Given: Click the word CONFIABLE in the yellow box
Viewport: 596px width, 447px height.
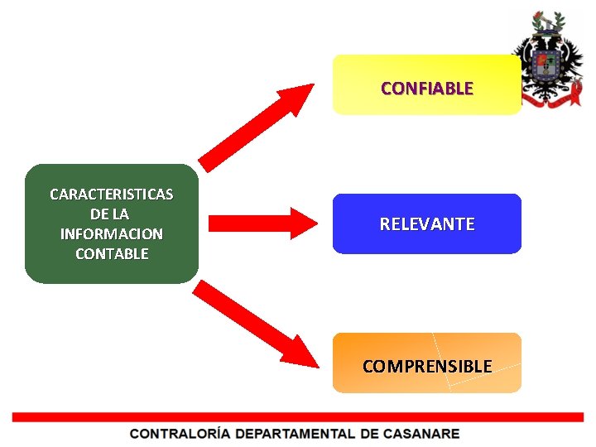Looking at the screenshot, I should [426, 88].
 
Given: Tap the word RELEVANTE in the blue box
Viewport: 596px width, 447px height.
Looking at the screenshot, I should [426, 224].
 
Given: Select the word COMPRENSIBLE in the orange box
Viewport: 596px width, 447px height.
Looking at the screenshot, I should [426, 366].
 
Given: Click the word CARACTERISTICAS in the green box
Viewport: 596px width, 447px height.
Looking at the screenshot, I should [112, 195].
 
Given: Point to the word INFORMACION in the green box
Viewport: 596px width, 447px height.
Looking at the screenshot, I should [112, 234].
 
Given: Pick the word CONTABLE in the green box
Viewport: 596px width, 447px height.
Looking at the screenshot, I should [112, 254].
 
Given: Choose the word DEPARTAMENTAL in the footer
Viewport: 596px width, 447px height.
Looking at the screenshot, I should [293, 434].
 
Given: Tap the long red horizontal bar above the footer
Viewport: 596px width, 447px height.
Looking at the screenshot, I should [298, 417].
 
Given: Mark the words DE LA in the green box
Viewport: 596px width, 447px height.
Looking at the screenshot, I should [112, 214].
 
